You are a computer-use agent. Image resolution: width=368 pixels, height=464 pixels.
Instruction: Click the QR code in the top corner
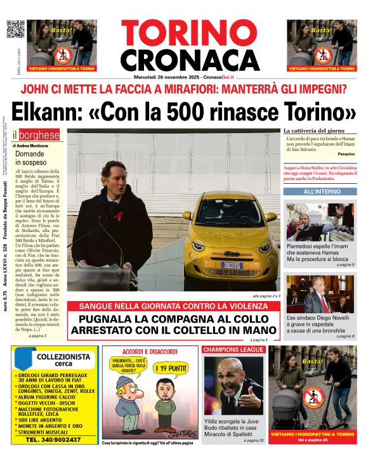(x=15, y=29)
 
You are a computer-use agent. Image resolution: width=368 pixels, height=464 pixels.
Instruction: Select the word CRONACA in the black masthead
(x=190, y=60)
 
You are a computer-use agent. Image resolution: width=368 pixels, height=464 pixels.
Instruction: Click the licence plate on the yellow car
(x=232, y=265)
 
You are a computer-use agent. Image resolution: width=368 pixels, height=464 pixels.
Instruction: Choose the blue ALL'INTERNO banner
(x=320, y=191)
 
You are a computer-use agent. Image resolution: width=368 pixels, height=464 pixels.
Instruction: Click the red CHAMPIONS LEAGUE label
(x=233, y=349)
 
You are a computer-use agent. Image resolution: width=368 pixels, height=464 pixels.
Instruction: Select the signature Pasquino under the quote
(x=346, y=154)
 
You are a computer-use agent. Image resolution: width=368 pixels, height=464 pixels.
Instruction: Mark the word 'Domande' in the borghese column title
(x=30, y=154)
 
